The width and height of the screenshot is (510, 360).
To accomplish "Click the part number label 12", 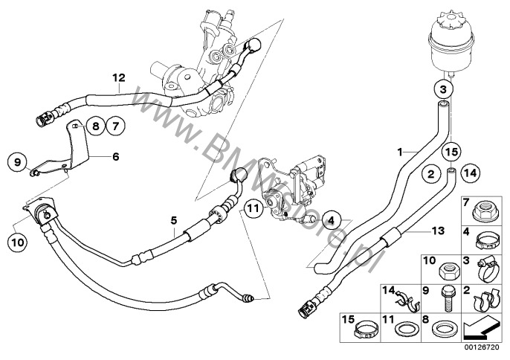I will [x=117, y=77].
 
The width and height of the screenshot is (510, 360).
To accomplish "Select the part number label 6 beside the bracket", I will [x=115, y=157].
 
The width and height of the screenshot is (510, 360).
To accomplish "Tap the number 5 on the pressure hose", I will [x=173, y=219].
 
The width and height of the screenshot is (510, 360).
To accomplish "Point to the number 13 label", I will [x=439, y=231].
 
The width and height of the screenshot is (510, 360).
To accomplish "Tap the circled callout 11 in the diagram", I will [x=254, y=209].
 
